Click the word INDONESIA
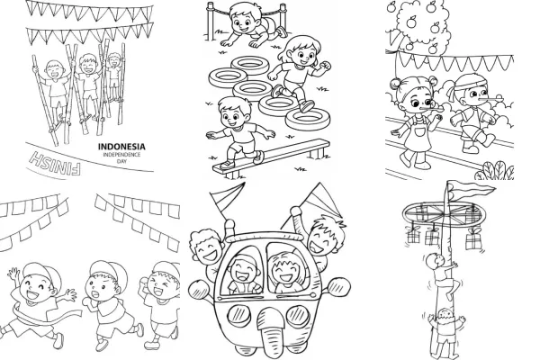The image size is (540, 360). click(121, 147)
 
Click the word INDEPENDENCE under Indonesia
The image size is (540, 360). click(121, 155)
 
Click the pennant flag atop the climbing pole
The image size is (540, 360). click(471, 188)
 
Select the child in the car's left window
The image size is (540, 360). click(244, 274)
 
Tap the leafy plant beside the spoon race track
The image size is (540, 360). click(496, 170)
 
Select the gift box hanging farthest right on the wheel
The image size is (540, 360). click(474, 240)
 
